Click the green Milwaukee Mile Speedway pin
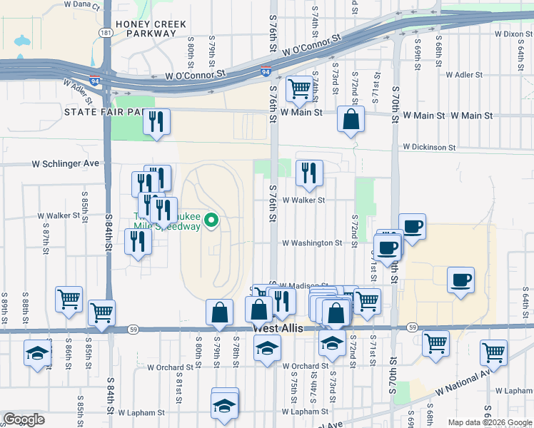(x=211, y=220)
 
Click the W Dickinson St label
(x=428, y=147)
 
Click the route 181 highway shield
(x=105, y=33)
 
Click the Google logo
(x=24, y=419)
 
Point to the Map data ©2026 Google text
(x=490, y=422)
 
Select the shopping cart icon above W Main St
(x=298, y=89)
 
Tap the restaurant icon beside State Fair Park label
(x=155, y=121)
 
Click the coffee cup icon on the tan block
(x=460, y=279)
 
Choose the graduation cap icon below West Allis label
(x=267, y=348)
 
